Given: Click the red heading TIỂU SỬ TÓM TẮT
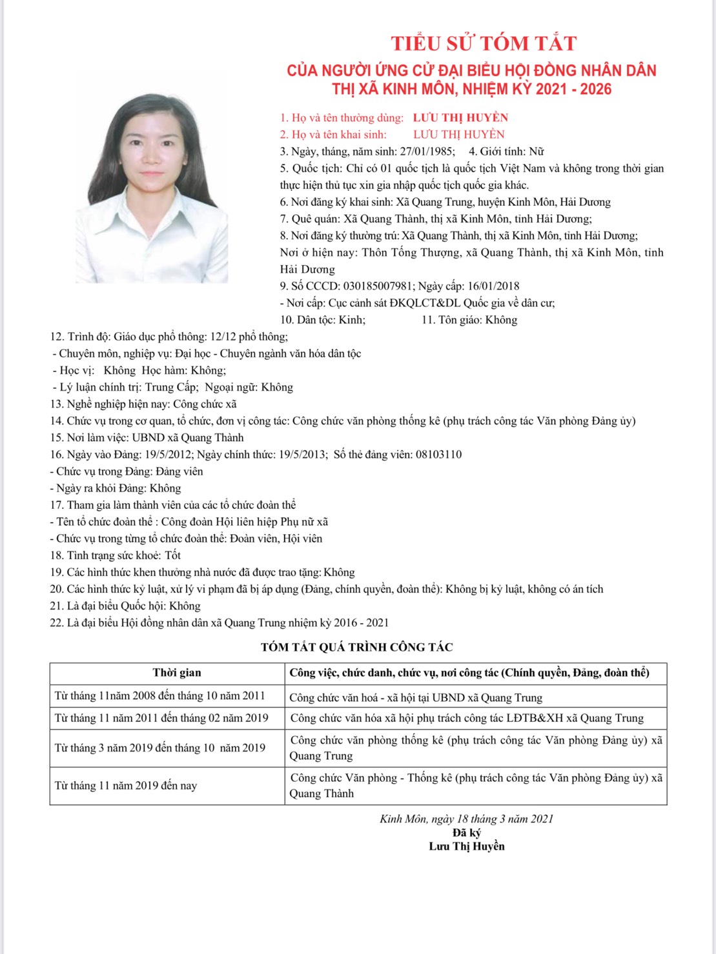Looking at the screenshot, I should (x=484, y=43).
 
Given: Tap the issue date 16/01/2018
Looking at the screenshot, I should (x=493, y=286).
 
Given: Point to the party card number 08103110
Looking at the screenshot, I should (x=438, y=454).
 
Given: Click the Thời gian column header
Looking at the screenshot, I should (x=177, y=673).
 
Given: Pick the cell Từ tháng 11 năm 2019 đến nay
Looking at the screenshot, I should (x=126, y=786).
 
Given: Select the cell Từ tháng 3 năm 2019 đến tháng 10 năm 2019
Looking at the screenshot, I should (x=160, y=748).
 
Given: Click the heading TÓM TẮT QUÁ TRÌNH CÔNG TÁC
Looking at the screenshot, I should (x=357, y=647).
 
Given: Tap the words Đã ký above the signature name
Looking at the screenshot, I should (x=467, y=833).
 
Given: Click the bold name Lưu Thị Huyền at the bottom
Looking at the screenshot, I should (x=467, y=846).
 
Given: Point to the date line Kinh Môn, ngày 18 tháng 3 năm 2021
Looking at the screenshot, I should (x=466, y=819).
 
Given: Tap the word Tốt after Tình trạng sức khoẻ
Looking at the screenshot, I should (x=173, y=555).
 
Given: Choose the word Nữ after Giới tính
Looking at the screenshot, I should (x=537, y=152).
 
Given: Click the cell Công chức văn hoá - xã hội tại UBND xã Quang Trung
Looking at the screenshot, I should (x=416, y=697).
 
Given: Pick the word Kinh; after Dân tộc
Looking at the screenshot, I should (x=352, y=320).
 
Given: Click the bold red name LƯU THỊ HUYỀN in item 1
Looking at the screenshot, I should (x=460, y=117).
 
